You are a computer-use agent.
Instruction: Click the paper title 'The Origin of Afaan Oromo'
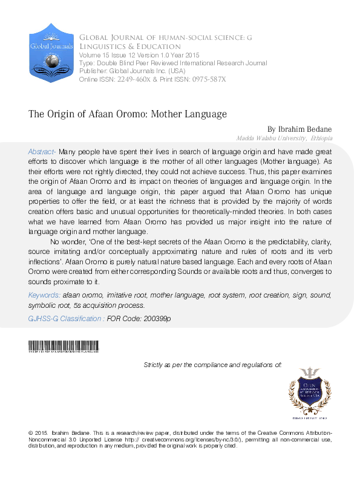tap(127, 114)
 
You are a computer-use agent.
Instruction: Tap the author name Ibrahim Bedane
tap(300, 129)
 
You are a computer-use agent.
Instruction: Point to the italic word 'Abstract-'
tap(42, 151)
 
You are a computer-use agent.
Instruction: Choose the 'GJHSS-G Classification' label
tap(66, 318)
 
